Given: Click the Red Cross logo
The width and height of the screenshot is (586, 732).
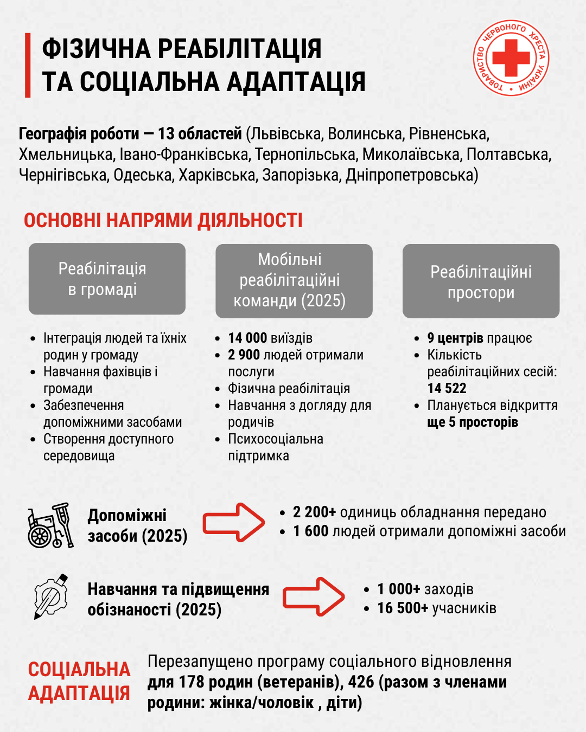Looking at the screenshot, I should [x=511, y=58].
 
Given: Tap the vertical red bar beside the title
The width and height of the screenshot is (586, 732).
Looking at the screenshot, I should [x=28, y=65].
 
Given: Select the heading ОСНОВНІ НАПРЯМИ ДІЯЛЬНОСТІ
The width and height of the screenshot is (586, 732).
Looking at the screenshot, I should [x=163, y=221].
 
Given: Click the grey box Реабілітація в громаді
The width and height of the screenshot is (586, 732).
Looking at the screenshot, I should [x=107, y=279].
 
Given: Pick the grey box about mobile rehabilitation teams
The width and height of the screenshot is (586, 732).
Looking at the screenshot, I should [x=294, y=280].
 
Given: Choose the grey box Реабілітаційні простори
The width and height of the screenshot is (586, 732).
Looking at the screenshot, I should [x=481, y=281].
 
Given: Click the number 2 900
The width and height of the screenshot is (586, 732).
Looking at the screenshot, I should [x=244, y=355].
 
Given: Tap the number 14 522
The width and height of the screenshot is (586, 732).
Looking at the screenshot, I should [x=447, y=389].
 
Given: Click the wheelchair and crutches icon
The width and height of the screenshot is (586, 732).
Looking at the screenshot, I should [x=50, y=525].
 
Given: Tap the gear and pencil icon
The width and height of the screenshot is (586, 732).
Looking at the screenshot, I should [x=50, y=596].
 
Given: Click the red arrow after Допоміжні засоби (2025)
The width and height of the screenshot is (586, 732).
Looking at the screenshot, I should [x=234, y=522].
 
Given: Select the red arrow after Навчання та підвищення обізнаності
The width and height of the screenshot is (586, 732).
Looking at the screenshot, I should [x=314, y=596].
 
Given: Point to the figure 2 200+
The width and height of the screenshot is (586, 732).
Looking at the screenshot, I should [x=314, y=512].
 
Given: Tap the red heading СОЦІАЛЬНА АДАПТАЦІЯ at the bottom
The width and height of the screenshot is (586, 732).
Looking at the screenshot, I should [x=79, y=682].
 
